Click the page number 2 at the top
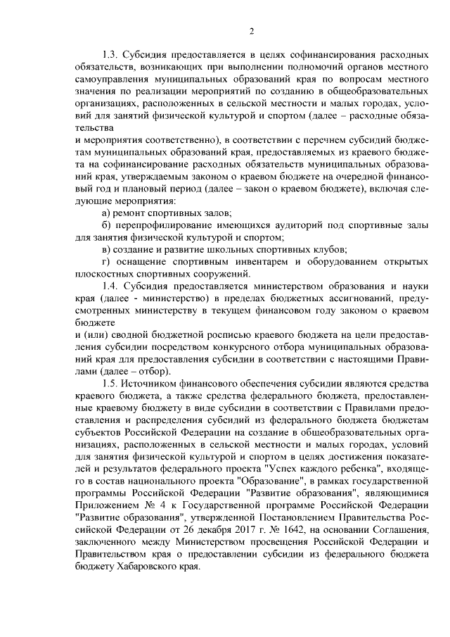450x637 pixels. click(251, 30)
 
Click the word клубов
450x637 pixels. click(330, 249)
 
